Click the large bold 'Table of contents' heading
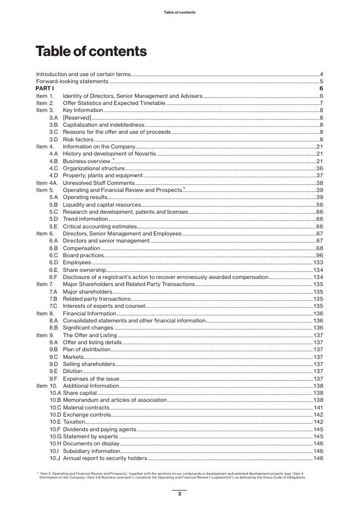tap(91, 52)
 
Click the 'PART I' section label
tap(45, 88)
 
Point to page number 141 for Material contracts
tap(319, 407)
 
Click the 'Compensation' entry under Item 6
tap(82, 248)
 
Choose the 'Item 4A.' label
tap(47, 183)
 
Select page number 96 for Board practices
tap(320, 255)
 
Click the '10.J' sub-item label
tap(55, 458)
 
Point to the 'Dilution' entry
tap(72, 371)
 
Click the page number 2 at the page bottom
tap(179, 494)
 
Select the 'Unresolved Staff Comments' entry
tap(98, 183)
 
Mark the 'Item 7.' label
tap(45, 284)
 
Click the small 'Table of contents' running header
tap(179, 12)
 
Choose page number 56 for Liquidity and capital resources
tap(320, 204)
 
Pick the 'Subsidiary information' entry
tap(91, 451)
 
